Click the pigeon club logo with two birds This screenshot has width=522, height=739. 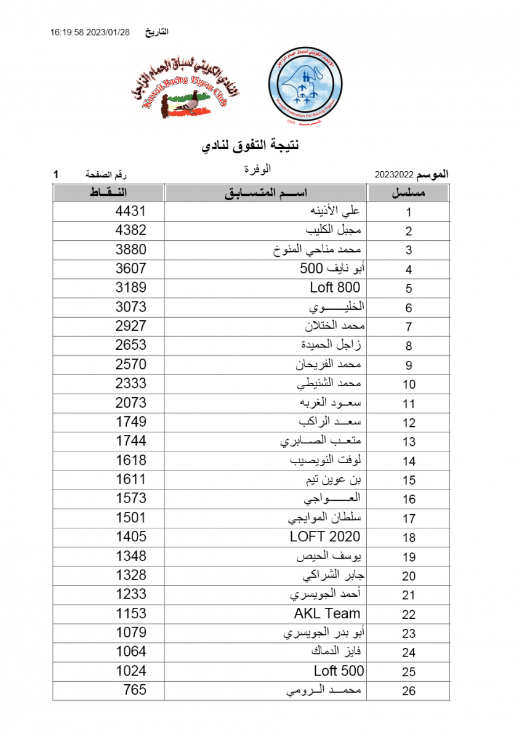pyautogui.click(x=185, y=89)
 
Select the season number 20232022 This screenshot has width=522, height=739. pyautogui.click(x=394, y=176)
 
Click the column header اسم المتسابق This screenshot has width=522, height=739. pyautogui.click(x=265, y=193)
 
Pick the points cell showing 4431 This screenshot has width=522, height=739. pyautogui.click(x=131, y=211)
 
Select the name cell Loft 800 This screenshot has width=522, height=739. pyautogui.click(x=335, y=288)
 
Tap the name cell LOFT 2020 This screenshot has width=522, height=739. pyautogui.click(x=325, y=536)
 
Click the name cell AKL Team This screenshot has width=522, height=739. pyautogui.click(x=327, y=613)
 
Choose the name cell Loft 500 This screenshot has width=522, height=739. pyautogui.click(x=339, y=671)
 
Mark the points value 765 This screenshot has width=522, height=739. pyautogui.click(x=135, y=690)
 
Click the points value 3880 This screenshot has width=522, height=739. pyautogui.click(x=131, y=249)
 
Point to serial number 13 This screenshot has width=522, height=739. pyautogui.click(x=409, y=442)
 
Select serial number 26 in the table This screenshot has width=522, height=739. pyautogui.click(x=409, y=691)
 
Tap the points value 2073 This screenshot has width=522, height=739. pyautogui.click(x=131, y=403)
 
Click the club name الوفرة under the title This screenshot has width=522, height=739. pyautogui.click(x=257, y=168)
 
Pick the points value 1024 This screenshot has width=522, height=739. pyautogui.click(x=131, y=671)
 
